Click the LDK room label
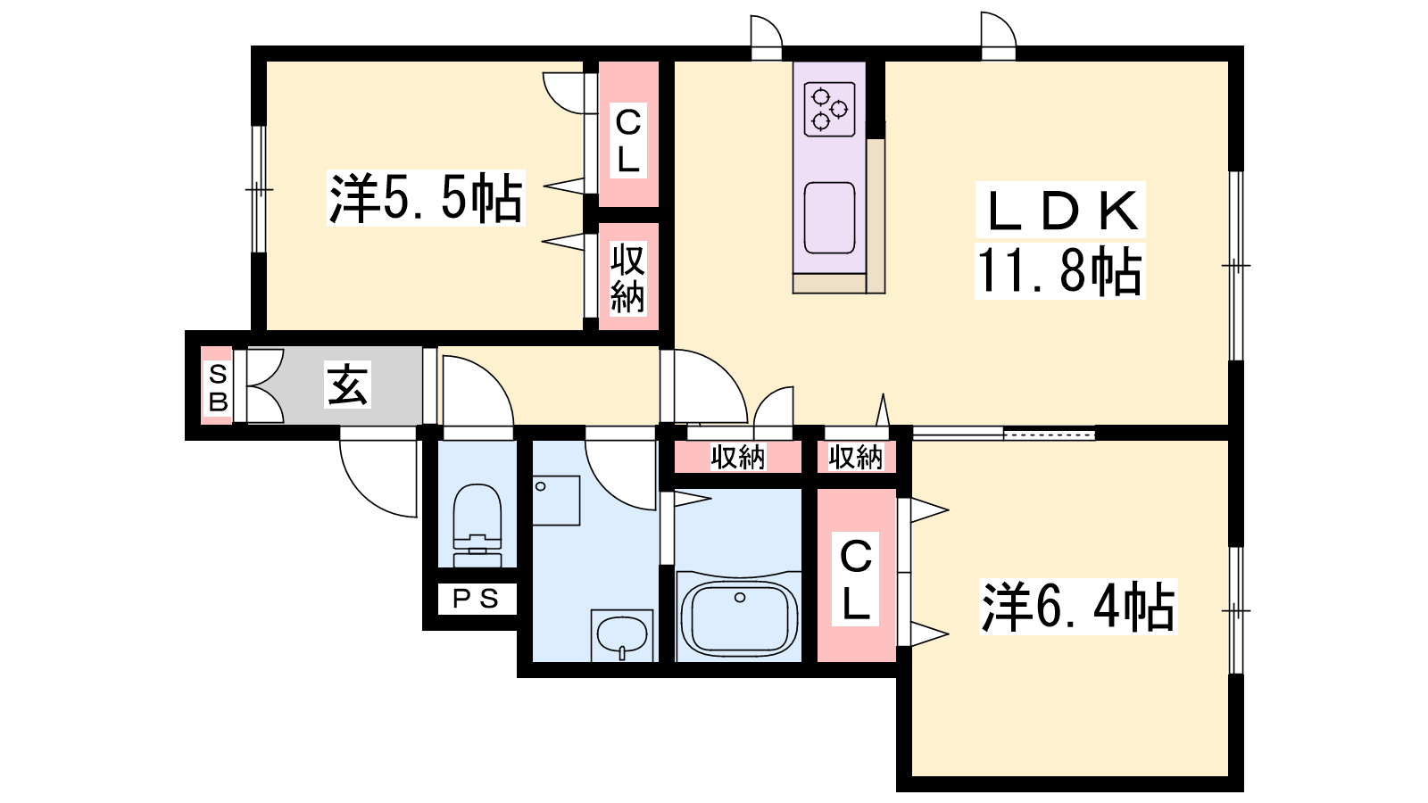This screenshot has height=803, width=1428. coord(1060,211)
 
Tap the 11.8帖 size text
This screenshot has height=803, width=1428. coord(1059,271)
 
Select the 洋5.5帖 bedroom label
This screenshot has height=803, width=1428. coord(425,197)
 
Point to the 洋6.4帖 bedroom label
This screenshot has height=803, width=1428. coord(1077,607)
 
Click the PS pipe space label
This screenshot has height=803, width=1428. coord(477,599)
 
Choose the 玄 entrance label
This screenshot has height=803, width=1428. coord(347,385)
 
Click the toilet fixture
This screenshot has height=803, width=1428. coord(477,526)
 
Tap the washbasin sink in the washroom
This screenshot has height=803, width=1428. coord(622,635)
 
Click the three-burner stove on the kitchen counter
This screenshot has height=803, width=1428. coord(829,109)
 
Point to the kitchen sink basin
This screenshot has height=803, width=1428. coord(829,218)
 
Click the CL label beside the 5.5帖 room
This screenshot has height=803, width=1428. coord(628,140)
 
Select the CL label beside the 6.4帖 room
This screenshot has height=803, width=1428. coord(856,579)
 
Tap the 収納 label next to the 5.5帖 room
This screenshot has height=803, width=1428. coord(627,277)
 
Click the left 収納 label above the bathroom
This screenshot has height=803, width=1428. coord(737,457)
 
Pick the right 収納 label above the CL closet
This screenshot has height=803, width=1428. coord(856,457)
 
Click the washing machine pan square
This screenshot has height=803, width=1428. coord(556,501)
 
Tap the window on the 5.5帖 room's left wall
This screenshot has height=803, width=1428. coord(258,189)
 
